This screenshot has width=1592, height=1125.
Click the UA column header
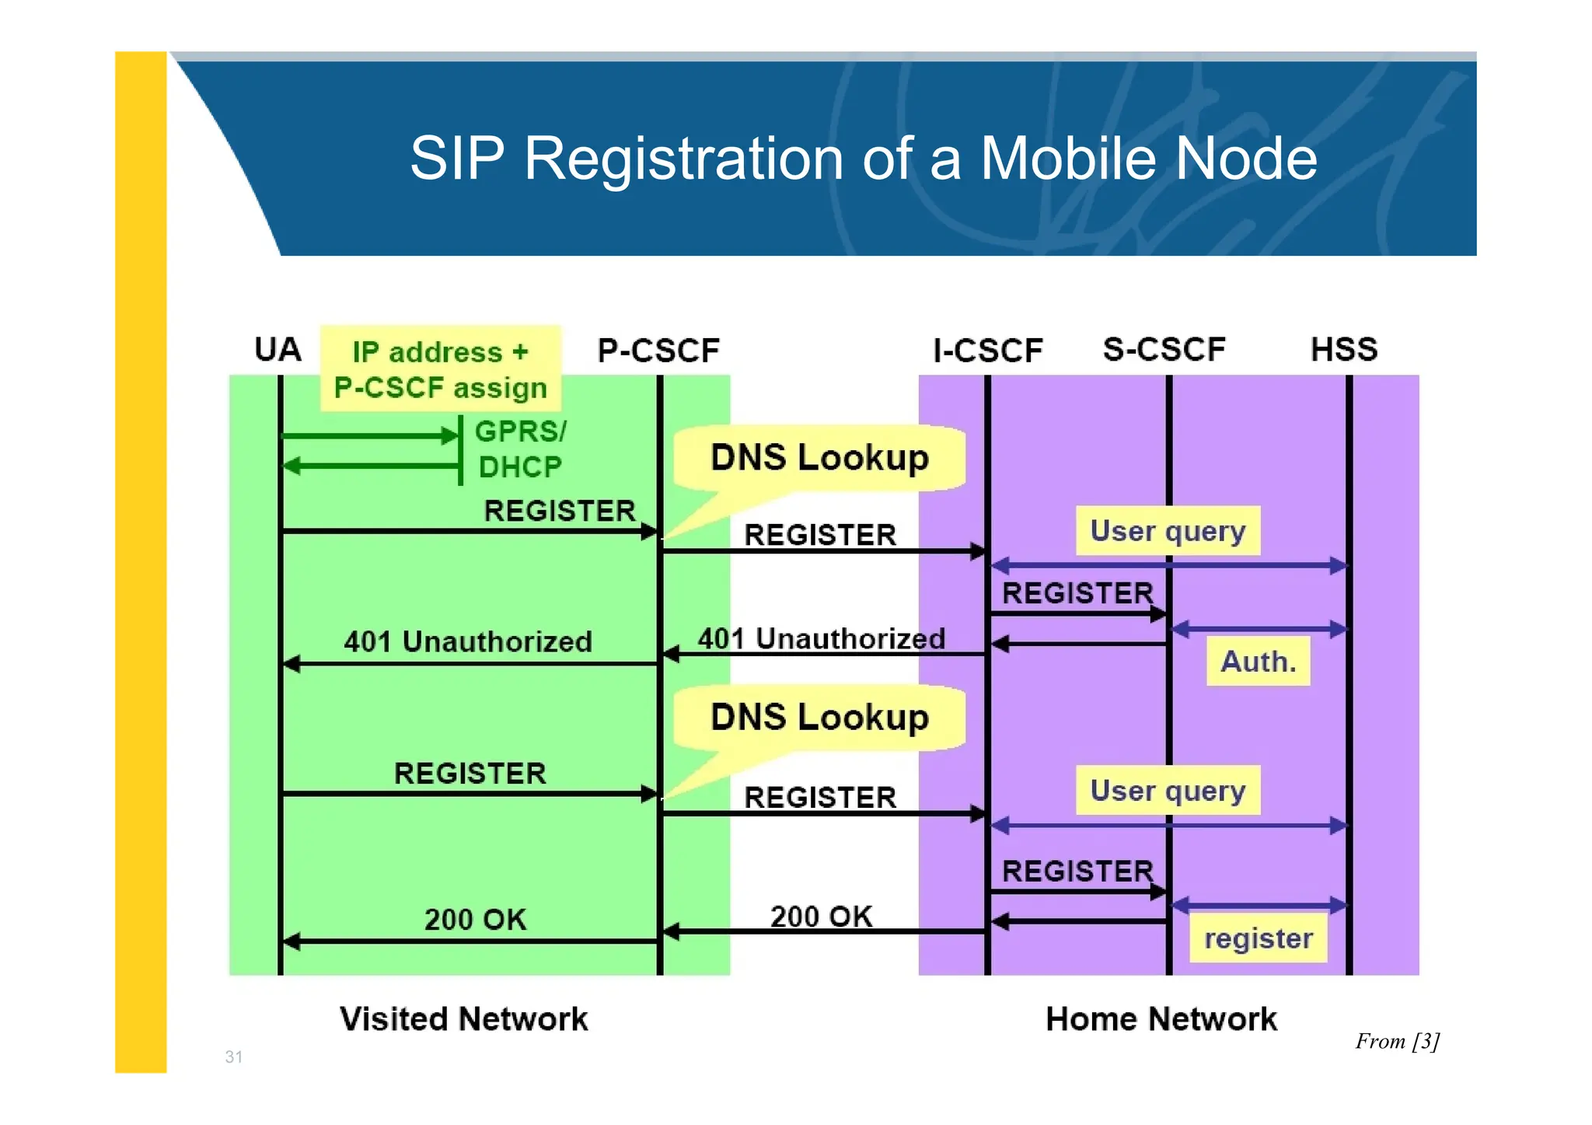point(278,350)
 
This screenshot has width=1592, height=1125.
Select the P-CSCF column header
point(658,351)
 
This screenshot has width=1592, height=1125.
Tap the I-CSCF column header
point(987,351)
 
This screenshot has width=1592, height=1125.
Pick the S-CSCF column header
point(1164,349)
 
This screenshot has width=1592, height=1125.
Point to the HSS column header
point(1344,349)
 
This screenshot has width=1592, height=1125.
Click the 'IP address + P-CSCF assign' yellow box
point(440,369)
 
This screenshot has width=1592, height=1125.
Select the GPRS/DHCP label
point(520,449)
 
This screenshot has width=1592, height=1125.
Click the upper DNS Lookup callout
point(819,457)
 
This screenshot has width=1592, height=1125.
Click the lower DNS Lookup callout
point(819,717)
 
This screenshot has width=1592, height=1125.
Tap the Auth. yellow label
point(1258,662)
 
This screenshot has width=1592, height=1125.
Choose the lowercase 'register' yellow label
point(1258,938)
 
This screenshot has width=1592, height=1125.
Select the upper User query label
point(1168,531)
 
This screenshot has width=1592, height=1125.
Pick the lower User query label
point(1168,791)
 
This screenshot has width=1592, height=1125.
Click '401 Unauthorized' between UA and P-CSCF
point(468,641)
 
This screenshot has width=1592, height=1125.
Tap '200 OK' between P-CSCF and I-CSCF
point(821,917)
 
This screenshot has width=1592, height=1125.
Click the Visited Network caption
point(463,1019)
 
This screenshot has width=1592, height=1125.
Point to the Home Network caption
point(1161,1019)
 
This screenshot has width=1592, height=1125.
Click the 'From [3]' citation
point(1397,1041)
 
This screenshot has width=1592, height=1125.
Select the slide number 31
point(233,1057)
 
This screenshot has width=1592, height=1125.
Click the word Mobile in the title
point(1069,159)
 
